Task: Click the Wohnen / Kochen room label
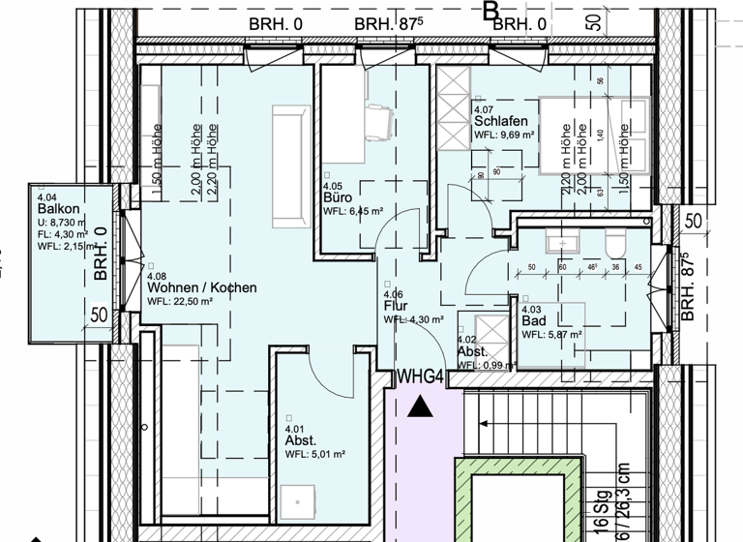click(x=201, y=287)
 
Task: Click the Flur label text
click(x=395, y=306)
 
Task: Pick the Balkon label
click(x=57, y=209)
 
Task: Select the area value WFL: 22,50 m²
click(x=180, y=301)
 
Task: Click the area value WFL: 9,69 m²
click(x=504, y=136)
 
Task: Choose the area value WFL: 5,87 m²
click(x=551, y=335)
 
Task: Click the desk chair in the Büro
click(x=379, y=121)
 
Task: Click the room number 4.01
click(x=294, y=428)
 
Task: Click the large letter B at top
click(x=490, y=12)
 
